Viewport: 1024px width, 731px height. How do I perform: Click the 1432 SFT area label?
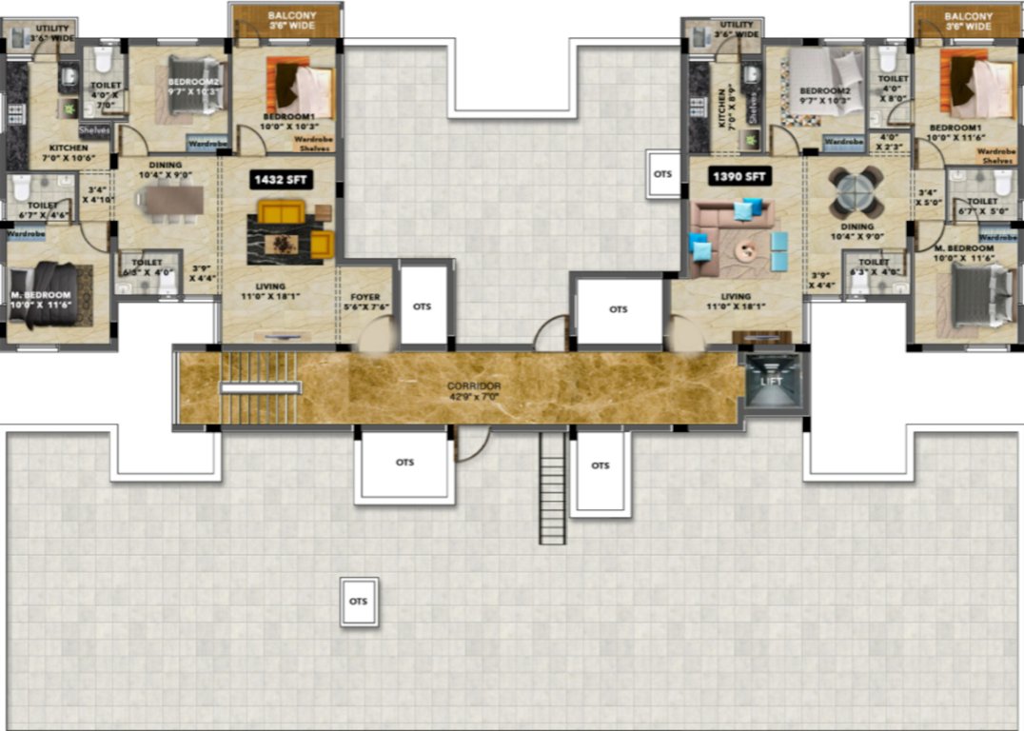point(281,178)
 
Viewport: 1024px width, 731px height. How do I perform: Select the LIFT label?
point(772,381)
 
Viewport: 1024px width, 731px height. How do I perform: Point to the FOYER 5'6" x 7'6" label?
point(364,303)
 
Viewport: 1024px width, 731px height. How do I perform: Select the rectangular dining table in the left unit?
point(169,201)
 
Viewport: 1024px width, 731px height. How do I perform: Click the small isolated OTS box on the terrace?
point(359,602)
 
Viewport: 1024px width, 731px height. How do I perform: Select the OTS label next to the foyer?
point(423,306)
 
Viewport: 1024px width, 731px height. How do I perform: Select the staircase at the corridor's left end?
point(259,388)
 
